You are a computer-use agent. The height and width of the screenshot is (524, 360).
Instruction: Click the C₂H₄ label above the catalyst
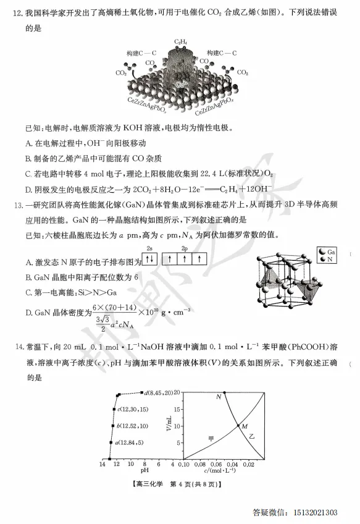coord(181,41)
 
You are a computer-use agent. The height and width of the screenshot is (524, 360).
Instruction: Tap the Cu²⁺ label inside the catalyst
coord(181,84)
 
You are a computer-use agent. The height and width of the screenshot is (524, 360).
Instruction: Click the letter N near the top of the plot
coord(218,397)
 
